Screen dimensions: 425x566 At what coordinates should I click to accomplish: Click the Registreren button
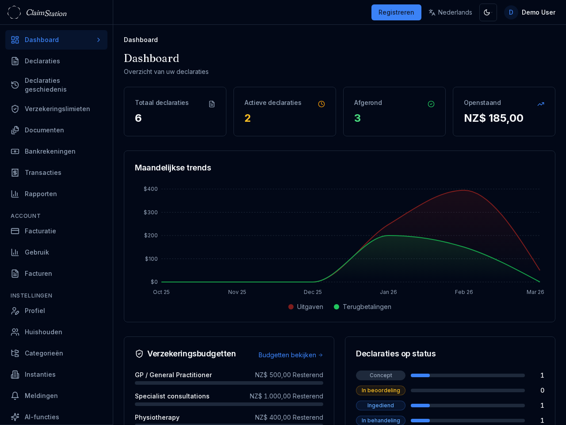(x=396, y=12)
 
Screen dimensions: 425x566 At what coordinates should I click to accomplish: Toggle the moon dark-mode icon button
(x=488, y=12)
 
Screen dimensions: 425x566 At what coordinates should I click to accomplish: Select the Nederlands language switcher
(x=450, y=12)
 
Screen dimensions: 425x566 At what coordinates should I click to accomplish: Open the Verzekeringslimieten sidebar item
(x=57, y=109)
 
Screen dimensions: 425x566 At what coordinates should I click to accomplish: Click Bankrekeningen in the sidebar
(x=50, y=151)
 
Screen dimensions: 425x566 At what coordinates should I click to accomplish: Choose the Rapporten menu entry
(x=41, y=194)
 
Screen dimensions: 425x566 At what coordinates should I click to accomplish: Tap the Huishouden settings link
(x=43, y=332)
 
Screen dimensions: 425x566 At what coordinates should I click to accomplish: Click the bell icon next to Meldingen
(x=15, y=396)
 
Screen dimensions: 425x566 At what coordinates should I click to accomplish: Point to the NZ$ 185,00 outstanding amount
(x=493, y=118)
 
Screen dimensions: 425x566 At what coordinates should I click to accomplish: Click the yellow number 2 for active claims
(x=248, y=118)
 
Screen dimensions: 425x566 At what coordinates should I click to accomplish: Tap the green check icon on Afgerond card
(x=431, y=104)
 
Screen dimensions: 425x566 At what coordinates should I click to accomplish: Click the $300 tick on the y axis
(x=151, y=212)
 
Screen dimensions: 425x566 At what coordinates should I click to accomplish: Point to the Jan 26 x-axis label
(x=388, y=292)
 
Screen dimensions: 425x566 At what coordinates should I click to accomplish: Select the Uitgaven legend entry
(x=306, y=307)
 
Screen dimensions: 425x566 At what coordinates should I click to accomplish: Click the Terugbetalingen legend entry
(x=363, y=307)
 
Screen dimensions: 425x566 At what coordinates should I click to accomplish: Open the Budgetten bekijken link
(x=291, y=355)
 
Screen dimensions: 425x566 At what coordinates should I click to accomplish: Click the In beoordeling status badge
(x=380, y=390)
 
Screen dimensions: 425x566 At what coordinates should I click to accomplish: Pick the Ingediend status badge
(x=380, y=406)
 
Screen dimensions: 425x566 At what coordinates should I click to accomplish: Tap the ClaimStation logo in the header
(x=38, y=12)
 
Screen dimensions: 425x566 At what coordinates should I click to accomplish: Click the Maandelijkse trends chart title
(x=173, y=168)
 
